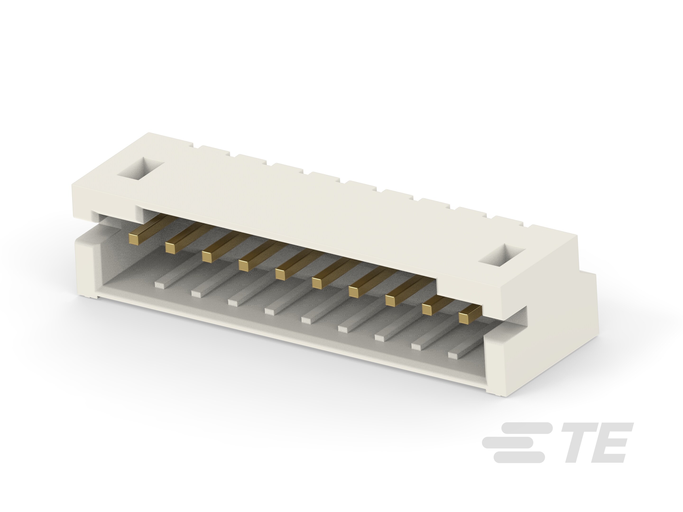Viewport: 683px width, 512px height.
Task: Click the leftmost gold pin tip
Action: [x=133, y=238]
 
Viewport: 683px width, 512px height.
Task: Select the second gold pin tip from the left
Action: [x=170, y=247]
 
